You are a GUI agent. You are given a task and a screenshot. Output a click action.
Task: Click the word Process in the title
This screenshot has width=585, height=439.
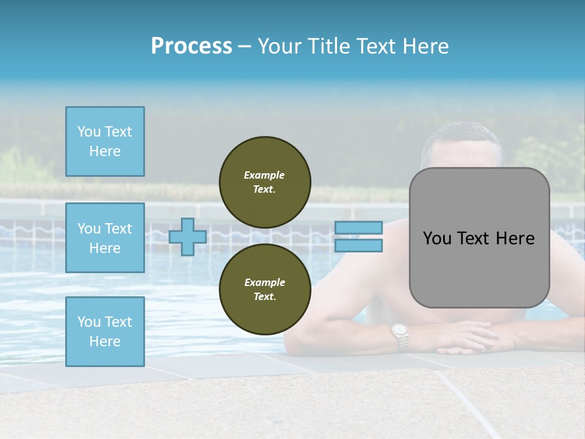191,46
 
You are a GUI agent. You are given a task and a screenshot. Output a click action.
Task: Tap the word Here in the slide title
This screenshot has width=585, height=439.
425,46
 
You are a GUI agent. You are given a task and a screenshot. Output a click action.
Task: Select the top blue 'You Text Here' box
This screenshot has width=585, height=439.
105,141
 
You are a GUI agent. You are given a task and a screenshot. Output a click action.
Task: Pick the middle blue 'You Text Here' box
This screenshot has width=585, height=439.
105,238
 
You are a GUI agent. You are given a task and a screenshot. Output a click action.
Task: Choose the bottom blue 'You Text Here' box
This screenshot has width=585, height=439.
105,332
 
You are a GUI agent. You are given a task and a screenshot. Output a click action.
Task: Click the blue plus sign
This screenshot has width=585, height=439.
188,237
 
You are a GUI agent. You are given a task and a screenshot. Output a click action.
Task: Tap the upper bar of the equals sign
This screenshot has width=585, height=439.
359,227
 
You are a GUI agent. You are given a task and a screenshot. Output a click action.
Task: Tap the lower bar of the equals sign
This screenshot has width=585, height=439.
359,246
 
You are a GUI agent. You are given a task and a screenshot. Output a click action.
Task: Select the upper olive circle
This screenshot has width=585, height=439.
264,182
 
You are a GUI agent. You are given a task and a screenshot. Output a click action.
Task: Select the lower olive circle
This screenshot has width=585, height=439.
264,290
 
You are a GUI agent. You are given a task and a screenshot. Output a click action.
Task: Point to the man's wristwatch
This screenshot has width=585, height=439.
400,336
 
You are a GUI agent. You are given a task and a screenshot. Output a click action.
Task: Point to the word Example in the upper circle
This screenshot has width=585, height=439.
264,176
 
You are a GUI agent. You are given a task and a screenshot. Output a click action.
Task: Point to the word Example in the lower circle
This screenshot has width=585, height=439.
264,283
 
